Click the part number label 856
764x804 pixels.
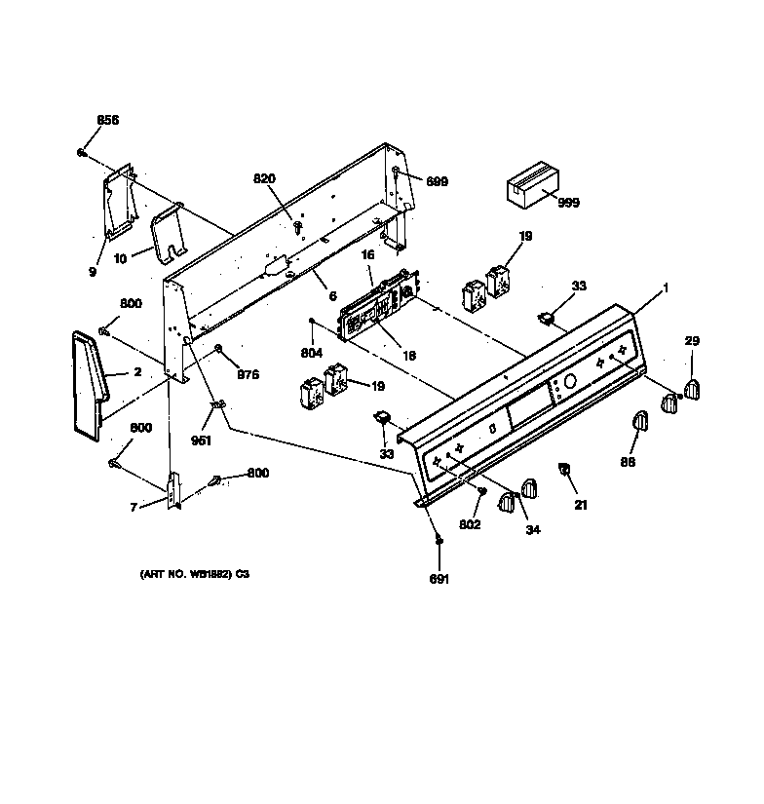pyautogui.click(x=107, y=120)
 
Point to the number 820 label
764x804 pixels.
pyautogui.click(x=265, y=178)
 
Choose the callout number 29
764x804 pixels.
pyautogui.click(x=692, y=340)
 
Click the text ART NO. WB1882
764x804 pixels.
pyautogui.click(x=189, y=575)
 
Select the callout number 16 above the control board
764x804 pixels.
pyautogui.click(x=368, y=254)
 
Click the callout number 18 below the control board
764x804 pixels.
pyautogui.click(x=409, y=357)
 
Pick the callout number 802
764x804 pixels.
pyautogui.click(x=470, y=525)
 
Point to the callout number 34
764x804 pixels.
pyautogui.click(x=533, y=530)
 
